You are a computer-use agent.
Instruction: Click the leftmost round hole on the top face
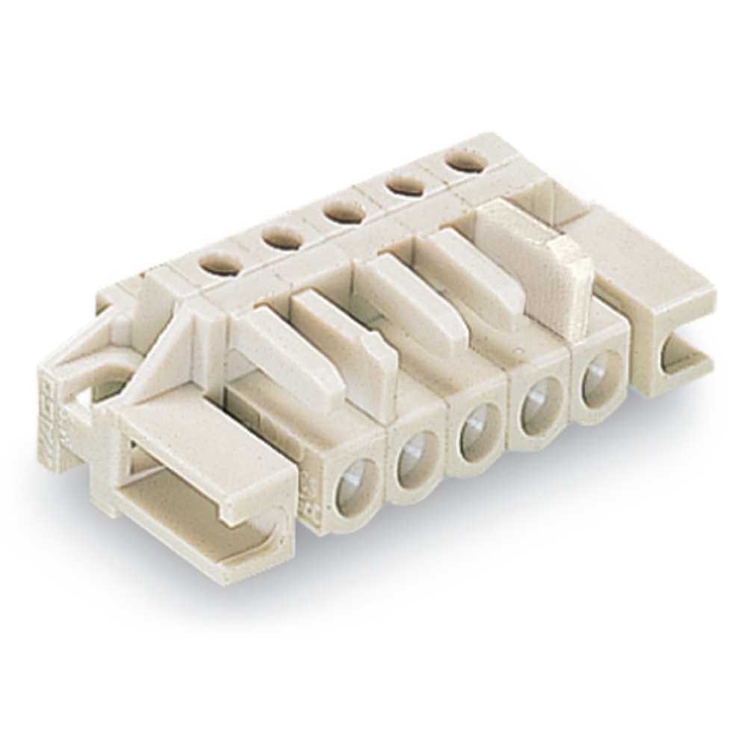pyautogui.click(x=220, y=263)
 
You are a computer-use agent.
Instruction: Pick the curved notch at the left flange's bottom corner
pyautogui.click(x=277, y=522)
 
